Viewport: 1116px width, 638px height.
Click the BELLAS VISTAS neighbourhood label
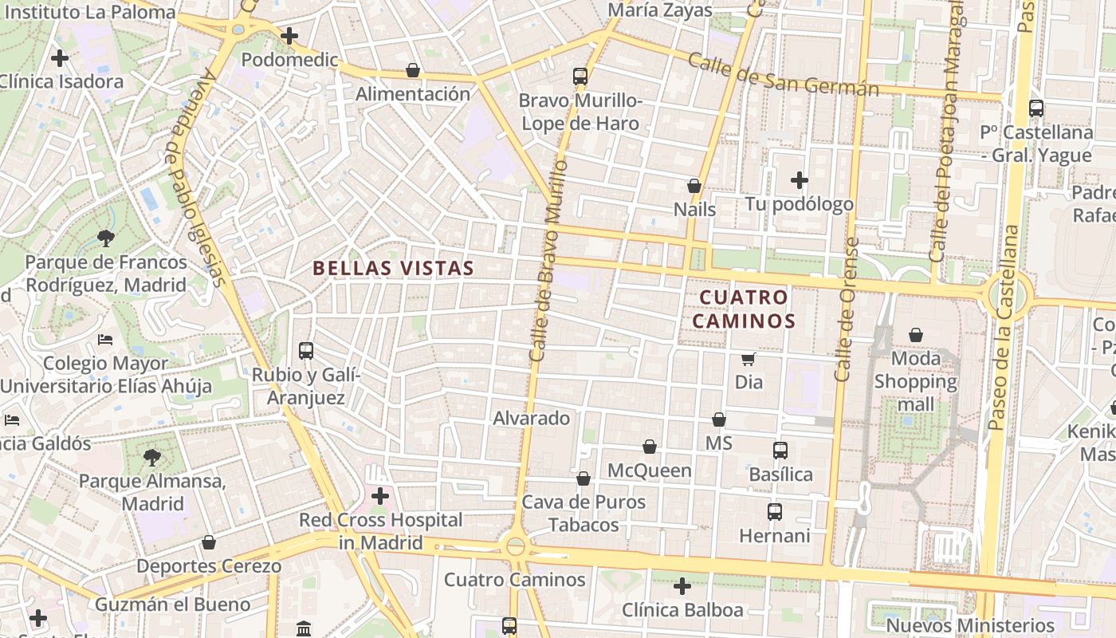click(394, 269)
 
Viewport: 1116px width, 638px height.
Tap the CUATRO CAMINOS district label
click(744, 309)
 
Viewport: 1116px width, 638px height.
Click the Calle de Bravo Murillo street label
click(548, 260)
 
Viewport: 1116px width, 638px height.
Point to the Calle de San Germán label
click(783, 75)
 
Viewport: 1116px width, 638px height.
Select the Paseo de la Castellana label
click(1005, 327)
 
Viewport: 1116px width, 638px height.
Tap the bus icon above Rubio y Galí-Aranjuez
click(306, 350)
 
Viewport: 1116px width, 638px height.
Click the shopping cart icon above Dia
click(748, 359)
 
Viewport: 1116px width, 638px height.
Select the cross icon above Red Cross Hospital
click(380, 496)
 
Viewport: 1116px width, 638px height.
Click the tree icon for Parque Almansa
click(151, 458)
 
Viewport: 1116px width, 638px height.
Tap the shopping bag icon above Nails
click(694, 186)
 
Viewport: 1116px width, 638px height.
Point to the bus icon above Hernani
click(774, 512)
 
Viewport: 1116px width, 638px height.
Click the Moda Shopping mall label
click(916, 381)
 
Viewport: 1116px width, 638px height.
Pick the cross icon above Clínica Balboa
click(682, 586)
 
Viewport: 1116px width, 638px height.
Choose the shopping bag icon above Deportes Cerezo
click(209, 542)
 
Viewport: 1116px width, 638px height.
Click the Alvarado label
click(532, 418)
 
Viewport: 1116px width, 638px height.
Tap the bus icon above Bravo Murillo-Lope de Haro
click(580, 77)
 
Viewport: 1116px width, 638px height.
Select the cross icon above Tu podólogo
click(800, 180)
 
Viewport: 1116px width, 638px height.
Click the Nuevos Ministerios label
click(970, 625)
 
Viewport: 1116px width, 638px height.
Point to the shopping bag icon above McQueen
click(650, 447)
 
